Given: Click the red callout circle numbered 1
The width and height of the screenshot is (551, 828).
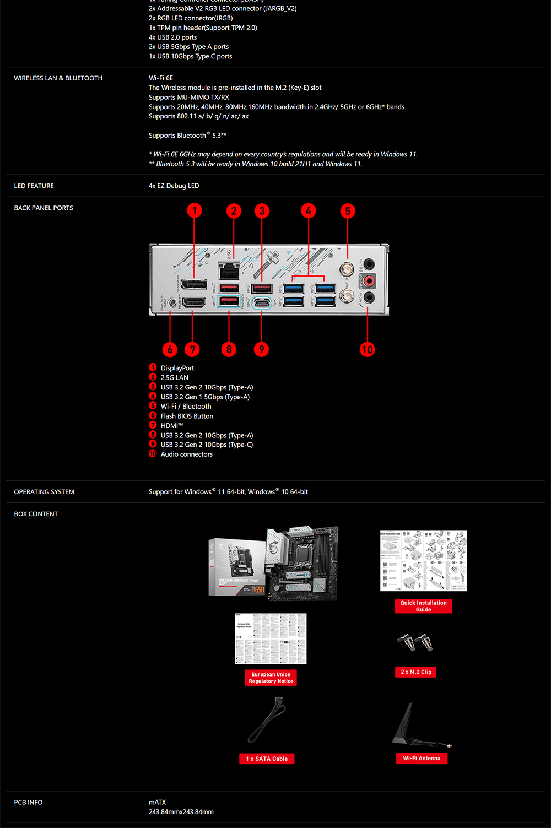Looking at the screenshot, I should point(194,210).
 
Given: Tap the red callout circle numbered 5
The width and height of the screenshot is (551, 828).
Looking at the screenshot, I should point(348,211).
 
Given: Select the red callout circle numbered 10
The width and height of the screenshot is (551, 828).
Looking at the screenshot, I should point(367,349).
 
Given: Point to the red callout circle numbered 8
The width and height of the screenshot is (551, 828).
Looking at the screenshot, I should point(229,349).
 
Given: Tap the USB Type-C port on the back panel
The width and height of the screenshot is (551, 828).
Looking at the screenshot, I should point(261,302).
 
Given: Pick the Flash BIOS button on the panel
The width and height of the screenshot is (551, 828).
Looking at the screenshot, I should point(172,302).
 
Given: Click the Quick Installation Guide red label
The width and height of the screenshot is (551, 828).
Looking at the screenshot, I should point(423,606).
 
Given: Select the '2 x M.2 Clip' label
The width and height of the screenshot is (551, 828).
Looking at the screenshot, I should point(415,672).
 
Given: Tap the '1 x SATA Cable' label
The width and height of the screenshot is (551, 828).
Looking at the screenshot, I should point(267,759).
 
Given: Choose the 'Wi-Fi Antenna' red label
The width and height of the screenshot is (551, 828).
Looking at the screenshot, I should point(422,759).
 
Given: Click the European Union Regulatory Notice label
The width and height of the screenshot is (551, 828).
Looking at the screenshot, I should point(271,678).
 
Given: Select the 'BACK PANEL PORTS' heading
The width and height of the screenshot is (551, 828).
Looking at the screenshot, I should point(44,208).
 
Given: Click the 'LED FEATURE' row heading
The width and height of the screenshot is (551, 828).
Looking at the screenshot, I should point(34,186).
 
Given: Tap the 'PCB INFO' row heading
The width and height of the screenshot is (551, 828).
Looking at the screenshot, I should point(28,802).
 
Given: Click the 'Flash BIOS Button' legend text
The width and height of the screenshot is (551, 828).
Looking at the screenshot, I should point(187,416).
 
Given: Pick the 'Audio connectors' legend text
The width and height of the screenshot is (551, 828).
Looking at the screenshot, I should point(186,454).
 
